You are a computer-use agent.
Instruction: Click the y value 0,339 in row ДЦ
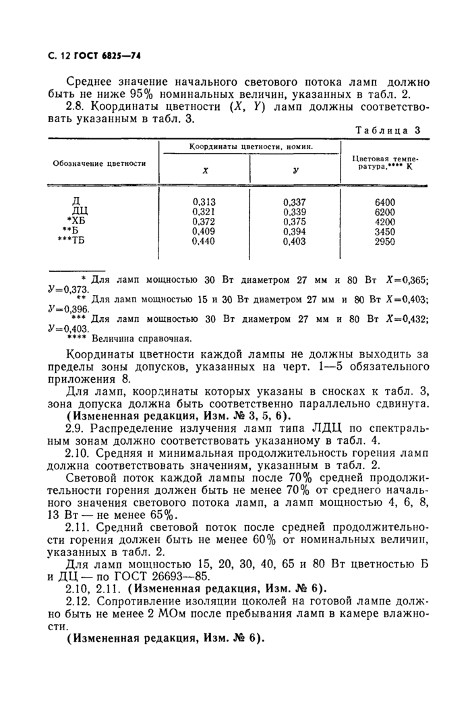294,211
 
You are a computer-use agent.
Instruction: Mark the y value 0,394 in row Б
294,231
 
